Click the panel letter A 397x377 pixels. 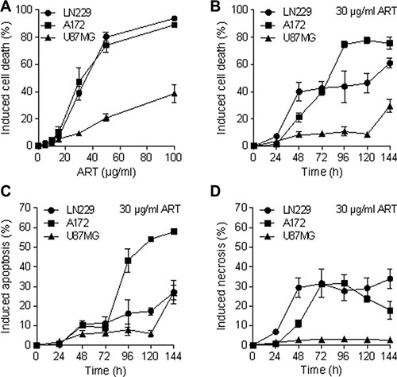coord(6,6)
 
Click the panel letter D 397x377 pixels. coord(215,192)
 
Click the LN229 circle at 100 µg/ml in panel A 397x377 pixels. coord(174,18)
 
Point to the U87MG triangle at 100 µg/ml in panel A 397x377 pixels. coord(174,94)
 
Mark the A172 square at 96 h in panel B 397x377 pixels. coord(345,45)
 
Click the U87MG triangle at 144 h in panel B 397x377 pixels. coord(389,107)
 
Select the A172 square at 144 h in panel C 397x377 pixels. coord(174,231)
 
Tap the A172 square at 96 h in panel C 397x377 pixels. coord(128,261)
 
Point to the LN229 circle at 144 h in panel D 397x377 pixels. coord(389,279)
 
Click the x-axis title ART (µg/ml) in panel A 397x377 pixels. coord(106,172)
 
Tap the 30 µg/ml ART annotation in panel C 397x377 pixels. coord(150,209)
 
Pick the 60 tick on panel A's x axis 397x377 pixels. coord(118,157)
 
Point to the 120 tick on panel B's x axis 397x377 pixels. coord(367,157)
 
